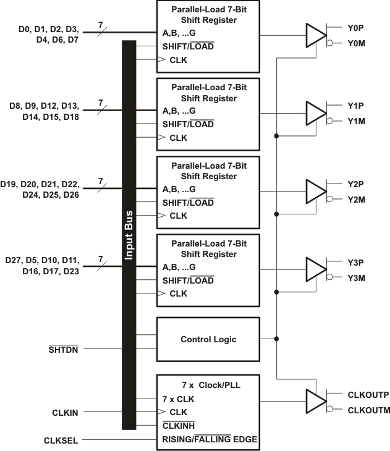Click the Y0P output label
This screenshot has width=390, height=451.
click(357, 28)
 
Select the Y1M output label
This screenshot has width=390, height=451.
click(357, 121)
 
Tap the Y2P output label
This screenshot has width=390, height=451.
click(357, 184)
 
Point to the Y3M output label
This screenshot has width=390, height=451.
click(357, 278)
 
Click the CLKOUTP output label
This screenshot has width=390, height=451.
click(368, 394)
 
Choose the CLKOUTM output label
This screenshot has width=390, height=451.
click(368, 410)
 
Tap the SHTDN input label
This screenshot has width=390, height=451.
click(64, 349)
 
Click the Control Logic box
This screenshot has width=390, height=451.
click(208, 339)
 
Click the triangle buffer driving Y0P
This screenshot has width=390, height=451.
click(315, 35)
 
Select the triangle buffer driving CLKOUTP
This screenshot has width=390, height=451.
click(315, 400)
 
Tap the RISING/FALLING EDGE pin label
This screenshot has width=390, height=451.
click(210, 439)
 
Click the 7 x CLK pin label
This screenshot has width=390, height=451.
click(178, 399)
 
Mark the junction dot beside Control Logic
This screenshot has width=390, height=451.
click(276, 339)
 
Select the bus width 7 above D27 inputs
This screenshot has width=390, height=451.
click(100, 258)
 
